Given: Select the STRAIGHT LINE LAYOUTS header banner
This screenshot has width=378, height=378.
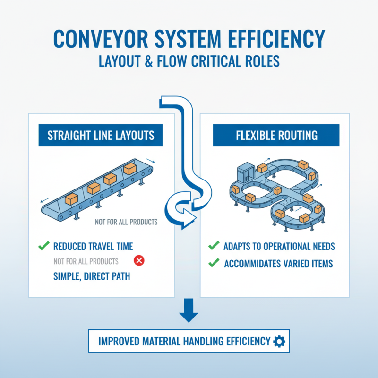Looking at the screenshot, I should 101,136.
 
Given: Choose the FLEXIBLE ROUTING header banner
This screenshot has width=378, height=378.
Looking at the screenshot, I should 277,136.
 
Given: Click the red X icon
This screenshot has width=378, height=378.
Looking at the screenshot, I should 139,260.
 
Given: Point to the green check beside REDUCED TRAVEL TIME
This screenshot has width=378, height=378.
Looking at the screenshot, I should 43,246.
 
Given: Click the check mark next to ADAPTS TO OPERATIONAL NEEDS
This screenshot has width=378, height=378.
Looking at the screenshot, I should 214,246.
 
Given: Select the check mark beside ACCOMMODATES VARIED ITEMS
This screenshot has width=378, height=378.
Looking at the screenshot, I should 214,263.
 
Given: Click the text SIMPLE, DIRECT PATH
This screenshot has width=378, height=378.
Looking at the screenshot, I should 92,276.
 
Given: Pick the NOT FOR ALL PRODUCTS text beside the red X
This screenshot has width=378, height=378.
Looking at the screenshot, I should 86,261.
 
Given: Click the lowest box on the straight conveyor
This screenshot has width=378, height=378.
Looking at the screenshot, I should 71,199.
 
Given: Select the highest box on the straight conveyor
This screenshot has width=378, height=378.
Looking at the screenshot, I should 129,169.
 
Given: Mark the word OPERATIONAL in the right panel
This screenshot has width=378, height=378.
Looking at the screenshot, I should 284,246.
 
